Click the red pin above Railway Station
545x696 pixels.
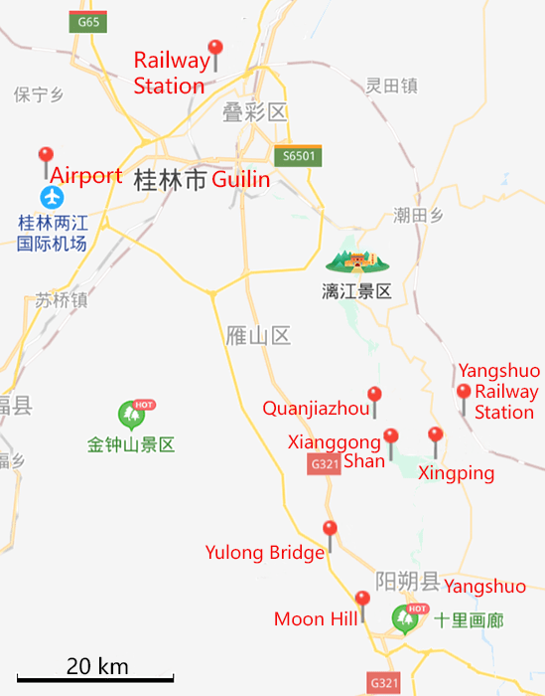coord(215,50)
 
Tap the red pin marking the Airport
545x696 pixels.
coord(45,157)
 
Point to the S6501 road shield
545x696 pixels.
coord(299,156)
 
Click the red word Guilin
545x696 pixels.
coord(240,180)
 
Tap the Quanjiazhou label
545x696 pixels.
coord(316,409)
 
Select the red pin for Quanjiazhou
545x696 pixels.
coord(374,396)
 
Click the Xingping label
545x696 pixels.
coord(456,474)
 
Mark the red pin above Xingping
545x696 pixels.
coord(435,435)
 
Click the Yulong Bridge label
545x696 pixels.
coord(264,553)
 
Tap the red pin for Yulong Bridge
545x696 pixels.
coord(331,530)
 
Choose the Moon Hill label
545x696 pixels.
coord(315,619)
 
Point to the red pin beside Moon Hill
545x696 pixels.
coord(362,600)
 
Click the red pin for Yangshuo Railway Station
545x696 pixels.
coord(463,393)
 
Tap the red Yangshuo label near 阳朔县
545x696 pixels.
coord(484,587)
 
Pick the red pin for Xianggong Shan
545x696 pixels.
coord(390,437)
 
